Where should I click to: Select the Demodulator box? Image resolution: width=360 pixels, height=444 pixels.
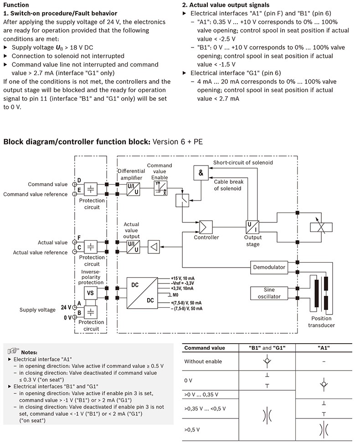click(269, 267)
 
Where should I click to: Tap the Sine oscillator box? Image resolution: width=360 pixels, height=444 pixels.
click(269, 293)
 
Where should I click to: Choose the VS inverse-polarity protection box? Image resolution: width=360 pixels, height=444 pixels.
click(90, 293)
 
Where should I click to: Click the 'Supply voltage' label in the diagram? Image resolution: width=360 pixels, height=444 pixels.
click(37, 310)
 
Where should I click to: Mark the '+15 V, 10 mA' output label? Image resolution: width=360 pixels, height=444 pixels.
click(182, 278)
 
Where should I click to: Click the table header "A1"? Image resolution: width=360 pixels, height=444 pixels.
click(323, 348)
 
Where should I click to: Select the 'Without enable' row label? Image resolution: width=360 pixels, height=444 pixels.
click(203, 361)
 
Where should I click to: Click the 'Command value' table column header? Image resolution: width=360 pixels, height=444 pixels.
click(205, 348)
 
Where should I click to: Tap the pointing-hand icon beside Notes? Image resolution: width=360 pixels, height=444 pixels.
click(13, 351)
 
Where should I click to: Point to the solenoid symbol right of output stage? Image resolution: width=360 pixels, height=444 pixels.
click(320, 227)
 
